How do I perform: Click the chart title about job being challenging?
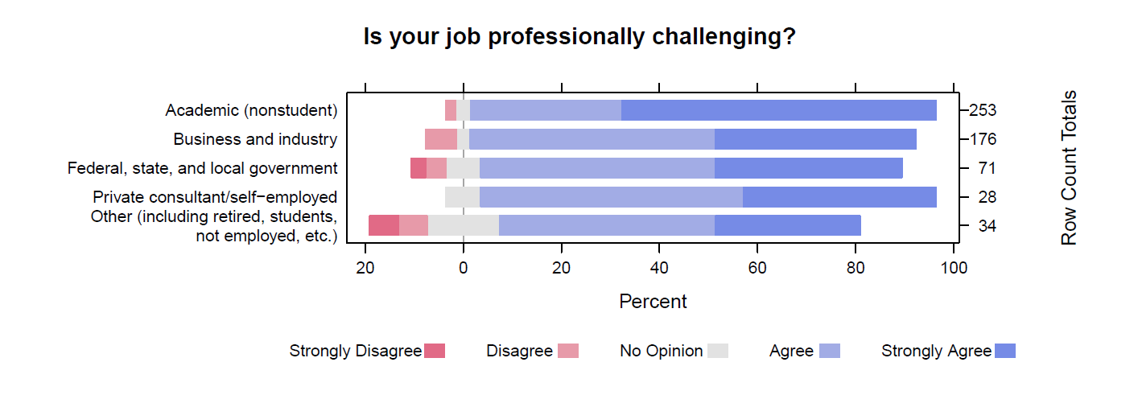point(579,37)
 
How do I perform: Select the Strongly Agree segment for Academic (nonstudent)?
point(779,110)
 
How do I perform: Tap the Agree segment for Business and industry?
point(592,139)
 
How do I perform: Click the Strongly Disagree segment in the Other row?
point(384,226)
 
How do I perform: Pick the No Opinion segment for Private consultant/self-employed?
point(462,197)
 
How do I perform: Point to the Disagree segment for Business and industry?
point(441,139)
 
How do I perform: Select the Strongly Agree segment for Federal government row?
point(809,168)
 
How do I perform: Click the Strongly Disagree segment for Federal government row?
point(419,168)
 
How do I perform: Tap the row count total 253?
point(983,110)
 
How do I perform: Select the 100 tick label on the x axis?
point(953,268)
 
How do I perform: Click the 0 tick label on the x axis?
point(464,268)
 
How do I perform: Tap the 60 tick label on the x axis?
point(757,268)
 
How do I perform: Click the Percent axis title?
point(653,302)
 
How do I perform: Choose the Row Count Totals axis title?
point(1069,168)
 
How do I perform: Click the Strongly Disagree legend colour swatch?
point(435,351)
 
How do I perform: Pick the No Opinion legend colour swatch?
point(718,351)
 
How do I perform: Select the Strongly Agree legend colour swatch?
point(1005,351)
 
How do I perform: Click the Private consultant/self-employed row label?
point(215,197)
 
